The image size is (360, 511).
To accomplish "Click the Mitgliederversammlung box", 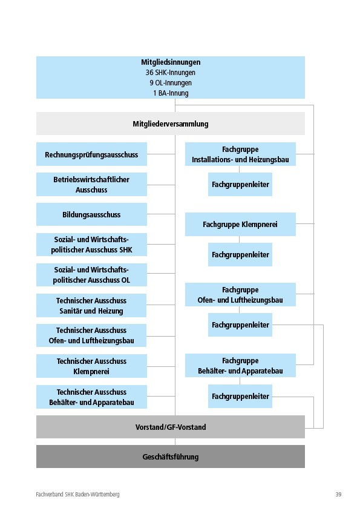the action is pyautogui.click(x=171, y=124).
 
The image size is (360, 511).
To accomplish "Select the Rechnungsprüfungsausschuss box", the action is pyautogui.click(x=91, y=154).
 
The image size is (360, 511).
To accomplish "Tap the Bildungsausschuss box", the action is pyautogui.click(x=91, y=214).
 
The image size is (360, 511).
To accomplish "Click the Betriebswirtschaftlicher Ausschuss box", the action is pyautogui.click(x=91, y=185).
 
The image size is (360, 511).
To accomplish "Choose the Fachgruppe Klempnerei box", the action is pyautogui.click(x=240, y=224).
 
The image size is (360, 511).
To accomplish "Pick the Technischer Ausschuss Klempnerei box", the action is pyautogui.click(x=91, y=366).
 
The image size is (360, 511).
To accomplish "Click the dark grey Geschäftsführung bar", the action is pyautogui.click(x=171, y=457).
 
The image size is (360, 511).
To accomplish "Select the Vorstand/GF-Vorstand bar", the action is pyautogui.click(x=171, y=427).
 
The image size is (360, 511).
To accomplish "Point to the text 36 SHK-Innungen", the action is pyautogui.click(x=171, y=72).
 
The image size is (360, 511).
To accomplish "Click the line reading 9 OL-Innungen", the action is pyautogui.click(x=171, y=83).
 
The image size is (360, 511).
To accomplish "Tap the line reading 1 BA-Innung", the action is pyautogui.click(x=171, y=93).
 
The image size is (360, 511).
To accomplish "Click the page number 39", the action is pyautogui.click(x=338, y=495).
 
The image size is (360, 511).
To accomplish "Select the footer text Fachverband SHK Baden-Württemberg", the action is pyautogui.click(x=77, y=495).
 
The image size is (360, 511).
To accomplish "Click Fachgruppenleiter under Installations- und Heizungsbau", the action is pyautogui.click(x=240, y=185).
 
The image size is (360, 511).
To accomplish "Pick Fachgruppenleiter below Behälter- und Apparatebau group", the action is pyautogui.click(x=240, y=397).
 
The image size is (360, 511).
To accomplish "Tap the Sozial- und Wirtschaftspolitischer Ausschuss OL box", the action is pyautogui.click(x=91, y=275).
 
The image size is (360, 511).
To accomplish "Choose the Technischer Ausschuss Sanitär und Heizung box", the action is pyautogui.click(x=91, y=305).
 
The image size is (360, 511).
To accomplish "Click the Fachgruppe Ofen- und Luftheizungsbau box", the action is pyautogui.click(x=240, y=295).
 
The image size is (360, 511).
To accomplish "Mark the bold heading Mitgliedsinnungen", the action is pyautogui.click(x=171, y=62).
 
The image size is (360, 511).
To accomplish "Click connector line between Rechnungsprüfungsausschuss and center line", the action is pyautogui.click(x=161, y=154).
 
